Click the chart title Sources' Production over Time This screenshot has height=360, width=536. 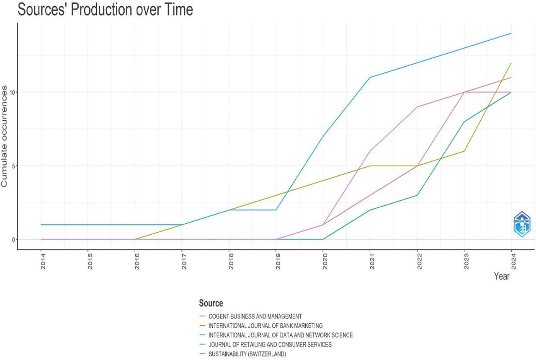(x=105, y=9)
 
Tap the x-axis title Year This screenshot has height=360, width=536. (x=502, y=276)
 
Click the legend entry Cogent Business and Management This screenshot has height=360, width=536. (x=255, y=316)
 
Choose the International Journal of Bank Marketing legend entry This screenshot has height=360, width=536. (x=265, y=326)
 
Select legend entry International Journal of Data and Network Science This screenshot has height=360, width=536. (x=280, y=335)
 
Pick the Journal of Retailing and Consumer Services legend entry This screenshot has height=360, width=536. (x=270, y=344)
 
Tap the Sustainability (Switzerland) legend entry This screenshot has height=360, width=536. (x=247, y=354)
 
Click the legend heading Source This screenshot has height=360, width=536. (x=211, y=303)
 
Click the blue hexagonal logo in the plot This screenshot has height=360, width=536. (x=522, y=224)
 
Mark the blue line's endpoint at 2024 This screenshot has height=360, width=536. (x=511, y=34)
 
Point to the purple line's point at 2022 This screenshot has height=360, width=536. (x=417, y=107)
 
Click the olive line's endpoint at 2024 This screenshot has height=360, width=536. (x=511, y=63)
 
